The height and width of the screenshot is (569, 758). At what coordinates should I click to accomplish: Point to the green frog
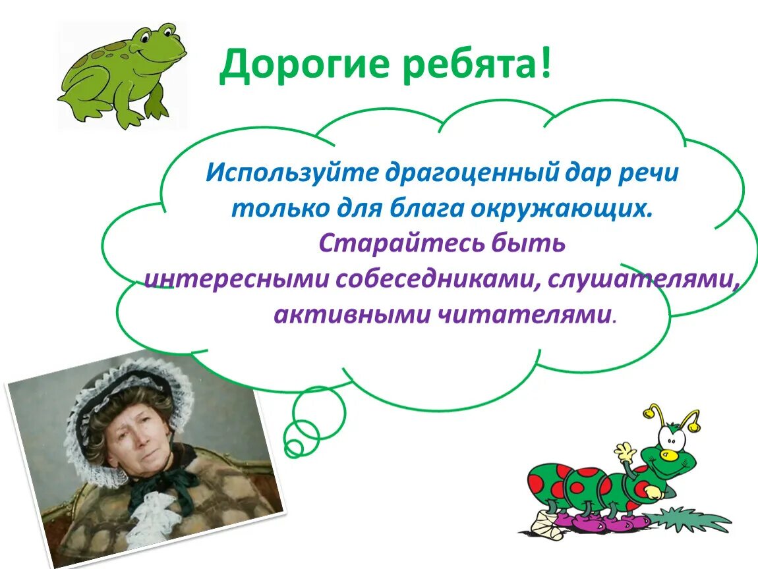[122, 76]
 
